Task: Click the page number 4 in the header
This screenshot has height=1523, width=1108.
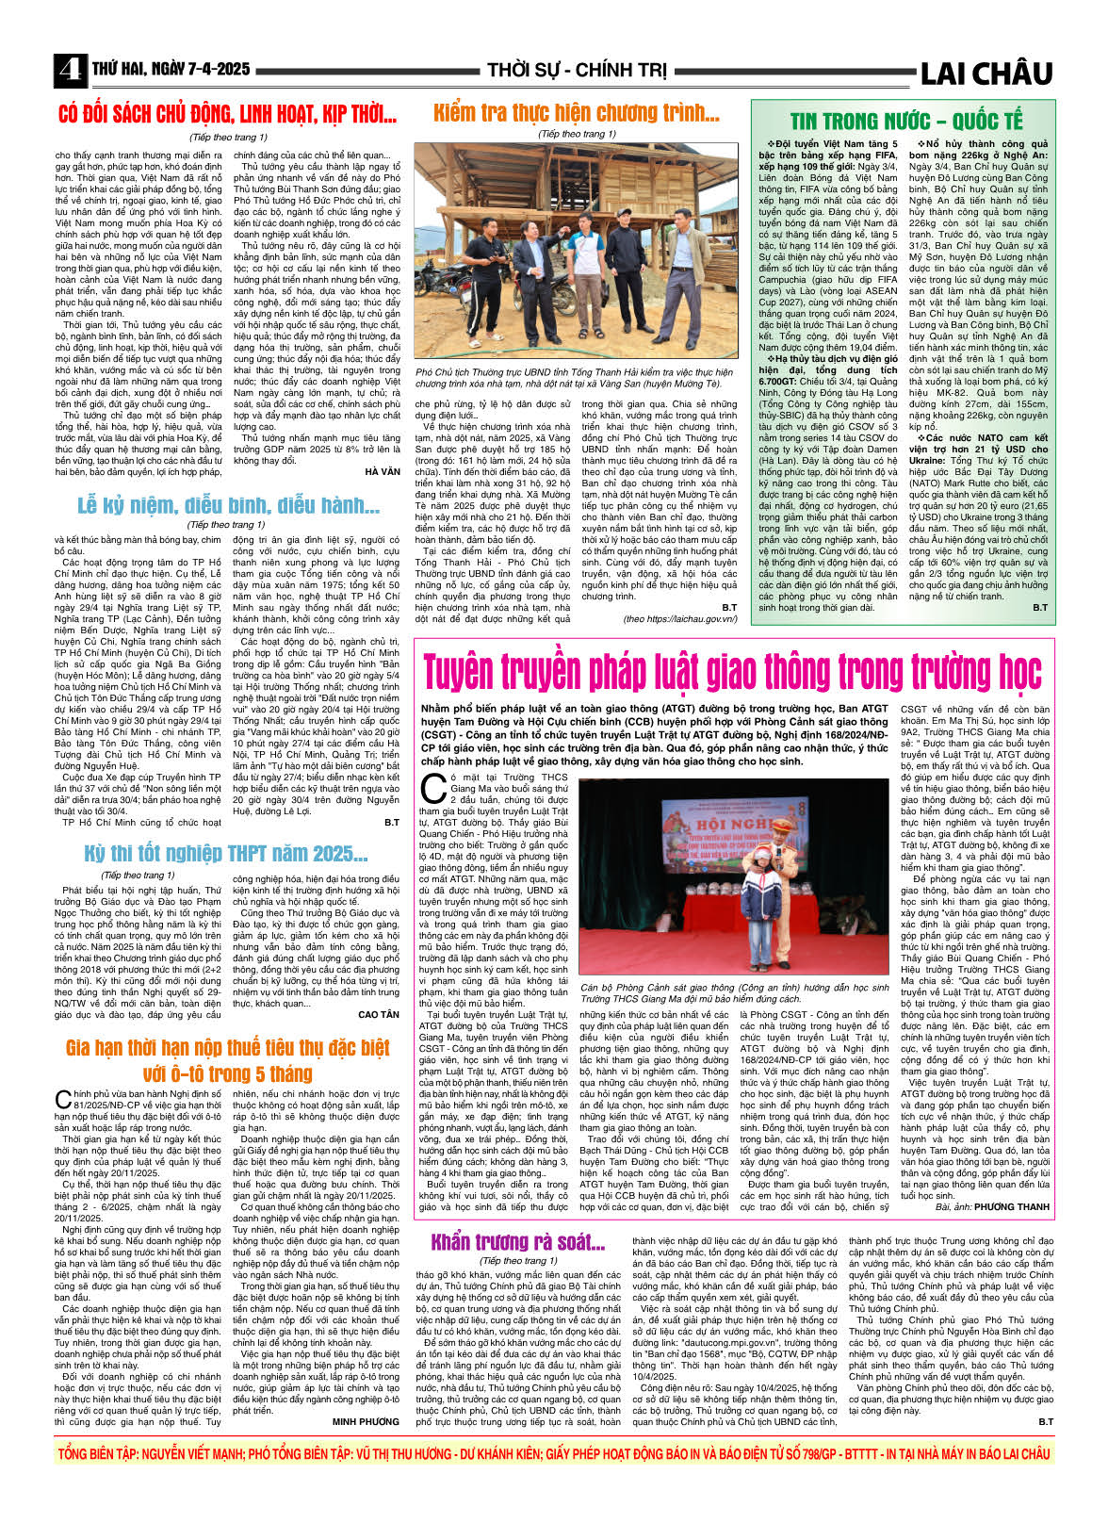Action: coord(69,71)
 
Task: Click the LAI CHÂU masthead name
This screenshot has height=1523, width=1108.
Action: coord(986,73)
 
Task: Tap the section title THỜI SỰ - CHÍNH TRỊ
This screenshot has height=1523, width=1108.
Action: coord(576,71)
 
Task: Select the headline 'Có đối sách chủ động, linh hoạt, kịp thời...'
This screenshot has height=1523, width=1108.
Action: coord(227,115)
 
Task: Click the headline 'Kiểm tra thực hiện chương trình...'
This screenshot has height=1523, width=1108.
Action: coord(576,114)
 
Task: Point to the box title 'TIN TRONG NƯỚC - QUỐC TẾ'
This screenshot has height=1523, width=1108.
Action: coord(905,122)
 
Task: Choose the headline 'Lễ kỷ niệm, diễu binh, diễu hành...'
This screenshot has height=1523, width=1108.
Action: coord(228,506)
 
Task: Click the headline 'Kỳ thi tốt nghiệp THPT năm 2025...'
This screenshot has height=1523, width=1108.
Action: coord(226,854)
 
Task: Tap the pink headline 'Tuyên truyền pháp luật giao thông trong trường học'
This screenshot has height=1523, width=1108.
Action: coord(732,673)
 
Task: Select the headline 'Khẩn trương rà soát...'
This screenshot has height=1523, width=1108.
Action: coord(517,1242)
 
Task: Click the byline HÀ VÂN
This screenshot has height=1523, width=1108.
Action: coord(382,471)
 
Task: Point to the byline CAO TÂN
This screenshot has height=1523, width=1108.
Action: coord(379,1015)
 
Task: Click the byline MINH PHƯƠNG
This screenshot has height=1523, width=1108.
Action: coord(366,1421)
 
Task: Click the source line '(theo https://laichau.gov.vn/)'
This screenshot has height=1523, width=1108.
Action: coord(679,619)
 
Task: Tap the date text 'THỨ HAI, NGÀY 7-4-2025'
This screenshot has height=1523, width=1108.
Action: coord(171,70)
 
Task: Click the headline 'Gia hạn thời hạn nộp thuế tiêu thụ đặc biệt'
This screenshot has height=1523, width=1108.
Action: coord(227,1049)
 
